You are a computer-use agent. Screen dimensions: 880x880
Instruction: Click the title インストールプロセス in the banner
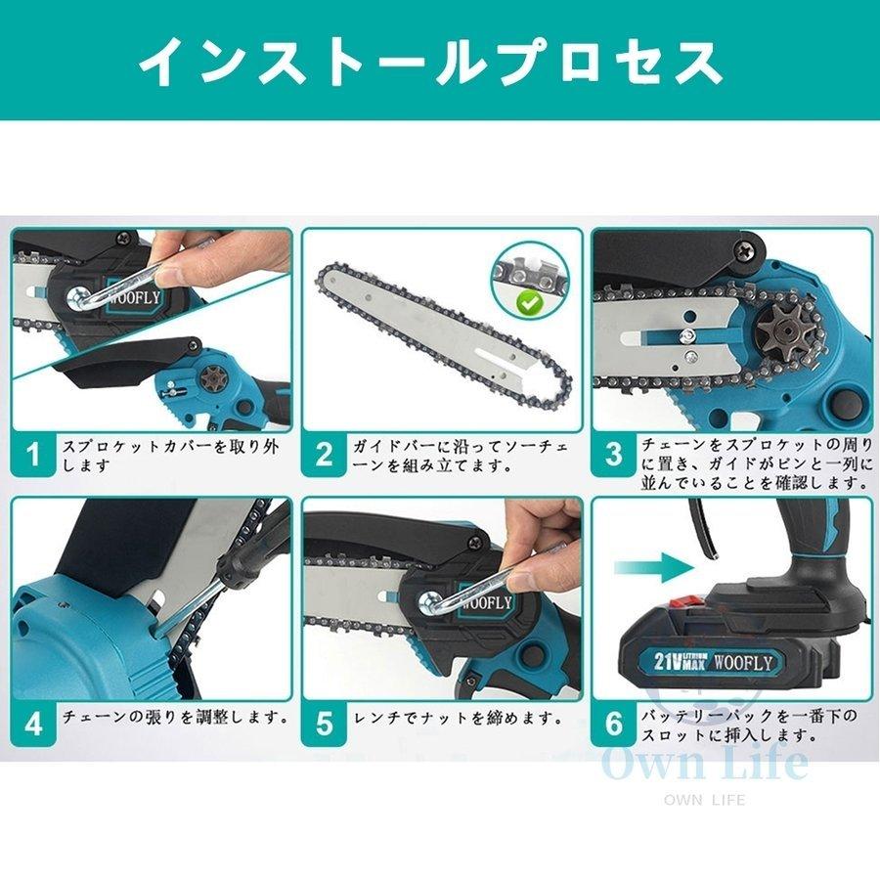[430, 62]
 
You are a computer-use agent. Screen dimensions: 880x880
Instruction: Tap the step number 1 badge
[34, 455]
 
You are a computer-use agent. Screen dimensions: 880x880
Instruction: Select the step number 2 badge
[325, 455]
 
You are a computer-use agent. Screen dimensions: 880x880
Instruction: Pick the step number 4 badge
[34, 724]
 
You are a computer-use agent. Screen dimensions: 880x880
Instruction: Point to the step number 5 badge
[325, 724]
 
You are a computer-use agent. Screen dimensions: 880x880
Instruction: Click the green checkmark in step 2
[532, 303]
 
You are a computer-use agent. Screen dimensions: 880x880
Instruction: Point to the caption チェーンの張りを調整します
[176, 717]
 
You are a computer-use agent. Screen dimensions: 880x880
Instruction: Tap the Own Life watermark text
[704, 763]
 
